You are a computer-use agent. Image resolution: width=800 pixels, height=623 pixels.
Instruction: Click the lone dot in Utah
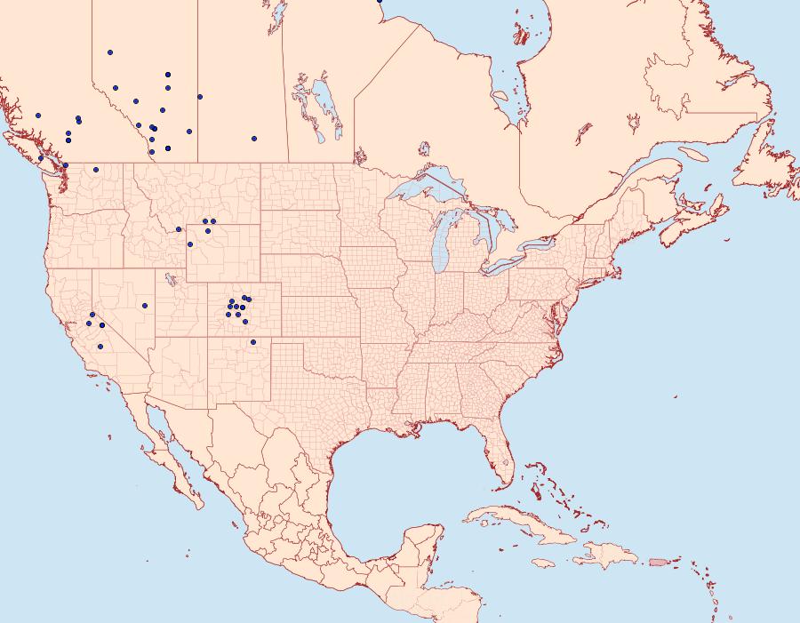tap(145, 306)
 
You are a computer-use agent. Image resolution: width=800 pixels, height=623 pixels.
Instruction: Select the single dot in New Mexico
tap(253, 342)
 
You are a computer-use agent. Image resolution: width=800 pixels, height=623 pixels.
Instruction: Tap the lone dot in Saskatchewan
tap(254, 139)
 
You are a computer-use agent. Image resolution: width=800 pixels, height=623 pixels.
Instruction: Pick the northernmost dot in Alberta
tap(110, 52)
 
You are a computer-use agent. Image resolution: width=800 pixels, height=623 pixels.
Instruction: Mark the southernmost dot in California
tap(100, 347)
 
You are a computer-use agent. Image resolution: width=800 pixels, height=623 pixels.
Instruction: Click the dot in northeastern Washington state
tap(96, 170)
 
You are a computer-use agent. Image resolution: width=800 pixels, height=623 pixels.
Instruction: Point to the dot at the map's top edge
tap(380, 1)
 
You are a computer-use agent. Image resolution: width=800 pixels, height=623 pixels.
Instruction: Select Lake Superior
tap(427, 191)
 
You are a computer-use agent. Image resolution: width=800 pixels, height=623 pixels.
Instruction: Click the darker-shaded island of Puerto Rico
tap(659, 562)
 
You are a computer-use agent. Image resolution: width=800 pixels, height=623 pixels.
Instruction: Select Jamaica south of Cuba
tap(544, 563)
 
